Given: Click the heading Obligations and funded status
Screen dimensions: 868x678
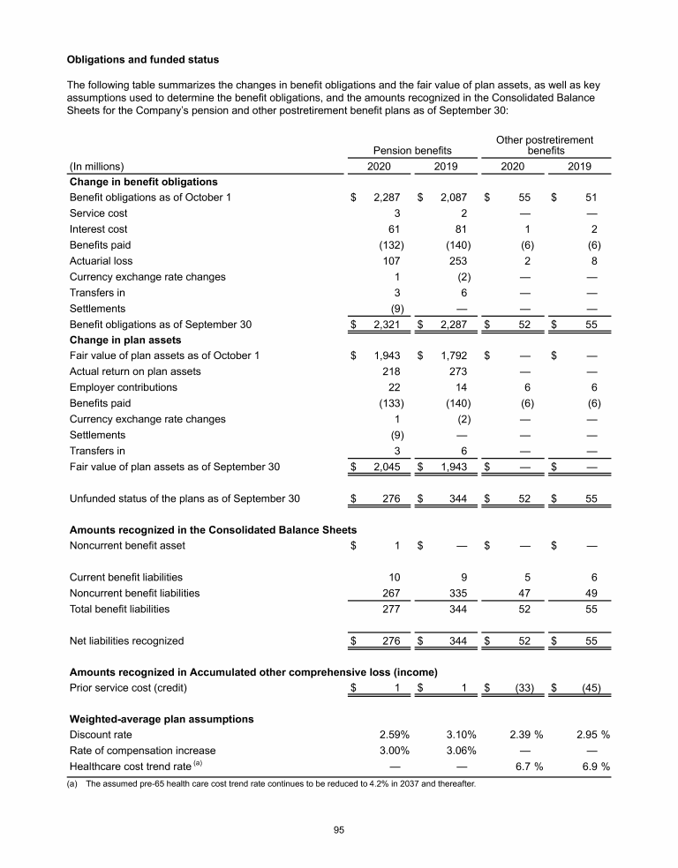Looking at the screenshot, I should pyautogui.click(x=143, y=60).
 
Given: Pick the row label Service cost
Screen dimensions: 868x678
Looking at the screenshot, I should pyautogui.click(x=98, y=213).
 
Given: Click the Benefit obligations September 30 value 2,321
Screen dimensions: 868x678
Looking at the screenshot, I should pyautogui.click(x=386, y=325).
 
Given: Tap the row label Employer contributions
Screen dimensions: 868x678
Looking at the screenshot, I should pyautogui.click(x=123, y=387).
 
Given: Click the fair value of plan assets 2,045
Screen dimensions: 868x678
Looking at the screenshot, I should pyautogui.click(x=386, y=467).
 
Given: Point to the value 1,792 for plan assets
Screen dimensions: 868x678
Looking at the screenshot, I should pyautogui.click(x=453, y=355).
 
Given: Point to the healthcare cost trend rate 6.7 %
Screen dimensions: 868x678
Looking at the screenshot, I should pyautogui.click(x=526, y=767).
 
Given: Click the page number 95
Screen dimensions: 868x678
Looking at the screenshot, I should pyautogui.click(x=339, y=829).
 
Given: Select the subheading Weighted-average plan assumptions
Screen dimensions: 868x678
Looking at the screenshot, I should pyautogui.click(x=161, y=719).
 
